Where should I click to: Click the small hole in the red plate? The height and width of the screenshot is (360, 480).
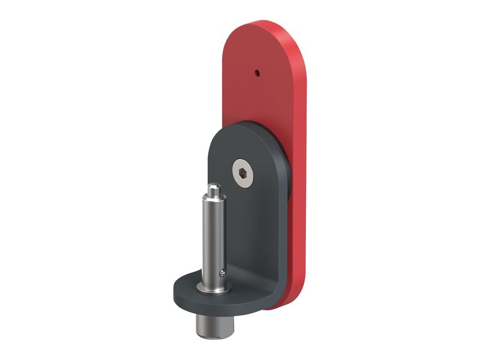click(257, 73)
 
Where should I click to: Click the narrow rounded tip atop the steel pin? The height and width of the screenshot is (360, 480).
click(213, 191)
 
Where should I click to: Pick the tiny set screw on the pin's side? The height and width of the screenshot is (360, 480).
click(223, 274)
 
